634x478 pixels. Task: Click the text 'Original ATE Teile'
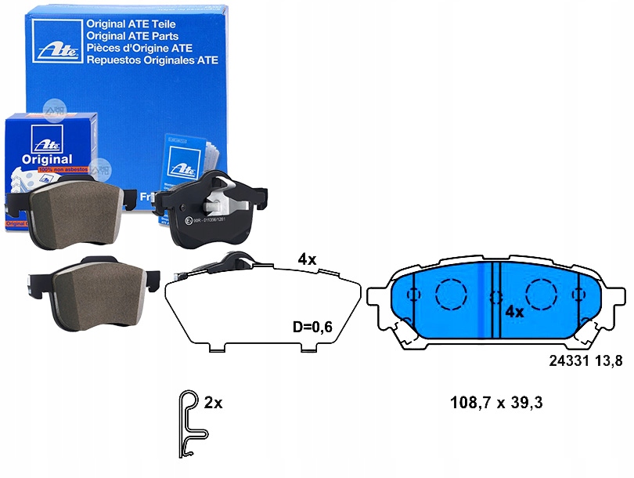click(x=130, y=24)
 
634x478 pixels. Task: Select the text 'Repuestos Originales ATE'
click(x=152, y=60)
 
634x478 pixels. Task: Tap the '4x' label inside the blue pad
click(x=513, y=311)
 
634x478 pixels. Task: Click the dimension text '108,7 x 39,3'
click(x=507, y=404)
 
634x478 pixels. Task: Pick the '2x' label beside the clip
click(x=213, y=404)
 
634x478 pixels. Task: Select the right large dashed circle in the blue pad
click(x=540, y=295)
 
